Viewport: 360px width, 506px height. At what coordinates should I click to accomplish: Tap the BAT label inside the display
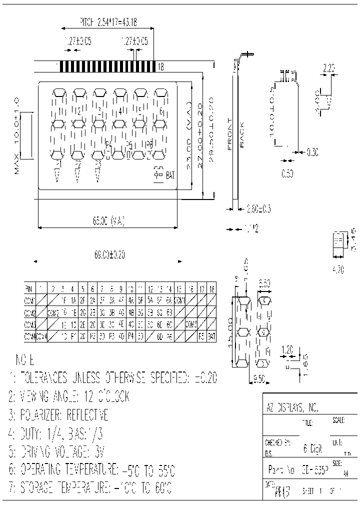tap(170, 175)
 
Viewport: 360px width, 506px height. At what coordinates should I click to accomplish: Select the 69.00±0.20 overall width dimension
tap(109, 255)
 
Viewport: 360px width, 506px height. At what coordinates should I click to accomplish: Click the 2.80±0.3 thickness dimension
tap(259, 209)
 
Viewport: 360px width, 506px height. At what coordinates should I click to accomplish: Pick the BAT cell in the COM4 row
tap(211, 336)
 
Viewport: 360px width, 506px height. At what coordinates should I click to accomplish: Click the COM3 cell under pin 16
tap(191, 324)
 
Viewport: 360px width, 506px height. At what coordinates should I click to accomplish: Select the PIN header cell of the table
tap(28, 288)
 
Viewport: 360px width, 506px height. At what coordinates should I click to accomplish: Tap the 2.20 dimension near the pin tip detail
tap(329, 68)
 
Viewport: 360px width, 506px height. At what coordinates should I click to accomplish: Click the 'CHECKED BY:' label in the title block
tap(277, 442)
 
